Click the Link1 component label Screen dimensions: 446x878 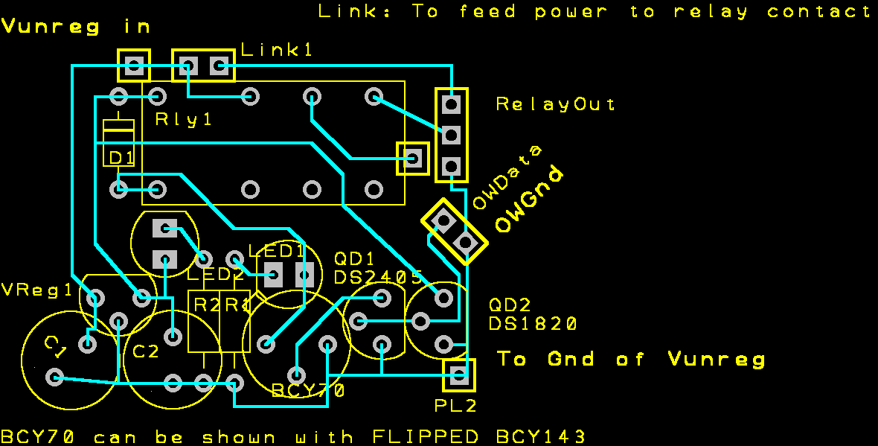tap(277, 50)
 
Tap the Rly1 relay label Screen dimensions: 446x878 tap(184, 119)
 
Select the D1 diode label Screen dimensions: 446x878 tap(121, 158)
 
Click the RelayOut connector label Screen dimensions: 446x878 tap(556, 104)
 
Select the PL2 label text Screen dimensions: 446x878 tap(455, 406)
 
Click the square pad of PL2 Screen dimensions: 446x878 tap(459, 375)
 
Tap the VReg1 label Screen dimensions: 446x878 tap(37, 290)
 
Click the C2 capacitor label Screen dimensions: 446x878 tap(146, 351)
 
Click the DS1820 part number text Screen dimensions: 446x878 tap(533, 324)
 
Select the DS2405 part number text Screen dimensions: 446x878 tap(379, 278)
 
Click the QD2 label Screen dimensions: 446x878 tap(510, 305)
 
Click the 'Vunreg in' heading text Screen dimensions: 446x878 tap(77, 27)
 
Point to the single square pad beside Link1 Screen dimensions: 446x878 tap(134, 66)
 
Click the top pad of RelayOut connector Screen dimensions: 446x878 tap(450, 104)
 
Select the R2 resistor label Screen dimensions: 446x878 tap(202, 304)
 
